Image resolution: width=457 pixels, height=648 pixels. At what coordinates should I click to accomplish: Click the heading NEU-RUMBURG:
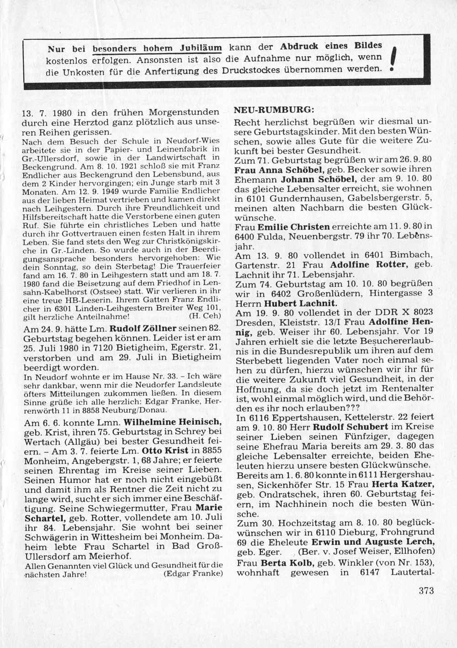coord(274,110)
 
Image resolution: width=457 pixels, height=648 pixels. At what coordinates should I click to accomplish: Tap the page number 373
coord(425,590)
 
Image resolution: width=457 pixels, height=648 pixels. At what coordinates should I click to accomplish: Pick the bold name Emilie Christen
coord(294,227)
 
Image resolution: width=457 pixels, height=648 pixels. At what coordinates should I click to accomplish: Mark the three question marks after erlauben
coord(351,408)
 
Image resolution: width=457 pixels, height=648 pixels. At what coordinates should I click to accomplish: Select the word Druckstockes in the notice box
coord(251,70)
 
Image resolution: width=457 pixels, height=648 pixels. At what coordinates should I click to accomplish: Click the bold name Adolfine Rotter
coord(364,265)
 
